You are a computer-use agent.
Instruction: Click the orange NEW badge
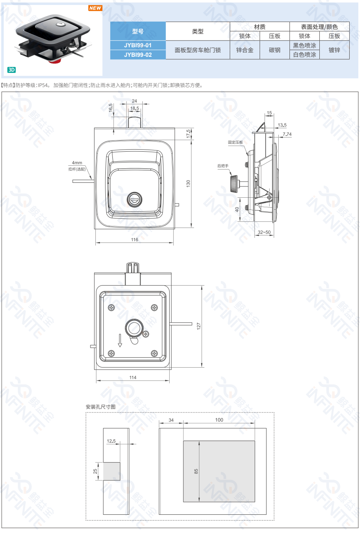coord(95,8)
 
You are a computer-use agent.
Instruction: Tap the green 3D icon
coord(12,70)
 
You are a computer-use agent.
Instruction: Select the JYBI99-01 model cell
coord(138,45)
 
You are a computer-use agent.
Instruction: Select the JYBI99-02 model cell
coord(138,55)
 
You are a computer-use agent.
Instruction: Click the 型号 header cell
coord(138,31)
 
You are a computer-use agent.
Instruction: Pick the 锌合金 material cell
coord(245,50)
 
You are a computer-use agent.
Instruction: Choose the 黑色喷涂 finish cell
coord(304,46)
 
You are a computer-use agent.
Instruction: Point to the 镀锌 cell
coord(334,50)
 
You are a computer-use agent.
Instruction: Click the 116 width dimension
coord(134,240)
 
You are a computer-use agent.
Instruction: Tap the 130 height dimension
coord(188,184)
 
